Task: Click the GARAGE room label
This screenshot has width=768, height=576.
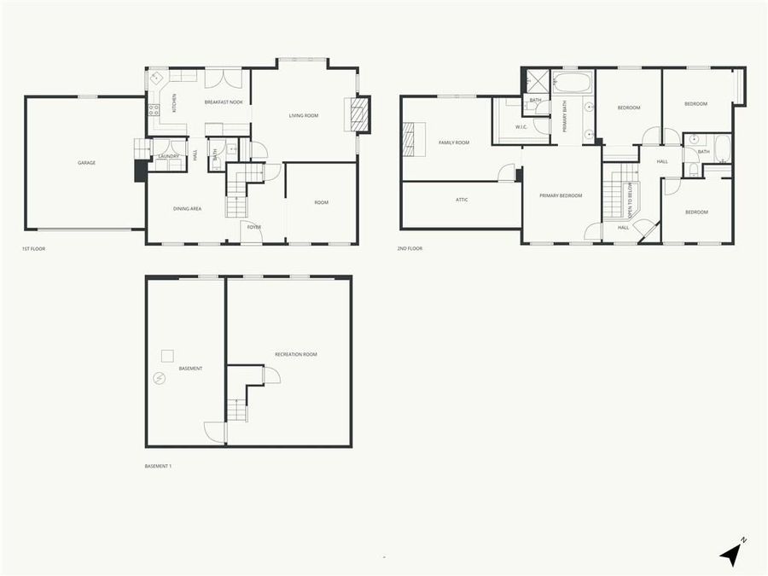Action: coord(86,162)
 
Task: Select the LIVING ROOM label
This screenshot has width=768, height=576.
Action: coord(303,115)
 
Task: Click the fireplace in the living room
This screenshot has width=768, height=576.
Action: coord(359,114)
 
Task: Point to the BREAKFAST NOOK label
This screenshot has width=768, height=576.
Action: coord(224,102)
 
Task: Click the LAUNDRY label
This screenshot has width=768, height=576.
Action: coord(168,156)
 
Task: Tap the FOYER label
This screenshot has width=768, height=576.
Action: coord(254,227)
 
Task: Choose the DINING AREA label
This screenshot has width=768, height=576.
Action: coord(187,208)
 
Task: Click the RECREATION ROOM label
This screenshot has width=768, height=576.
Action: coord(295,354)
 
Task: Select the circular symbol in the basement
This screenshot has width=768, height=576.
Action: coord(159,378)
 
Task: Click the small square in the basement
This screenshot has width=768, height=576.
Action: coord(168,355)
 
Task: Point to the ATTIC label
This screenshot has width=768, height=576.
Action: coord(462,200)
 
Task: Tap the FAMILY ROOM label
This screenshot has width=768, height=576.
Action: coord(454,143)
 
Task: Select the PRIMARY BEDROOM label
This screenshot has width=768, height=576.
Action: coord(561,195)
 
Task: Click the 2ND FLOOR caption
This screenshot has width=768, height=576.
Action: coord(410,248)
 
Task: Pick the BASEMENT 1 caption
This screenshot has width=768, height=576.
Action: coord(158,466)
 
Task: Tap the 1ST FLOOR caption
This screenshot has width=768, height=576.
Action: coord(33,248)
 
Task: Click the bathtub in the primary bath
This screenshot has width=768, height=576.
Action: coord(573,83)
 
